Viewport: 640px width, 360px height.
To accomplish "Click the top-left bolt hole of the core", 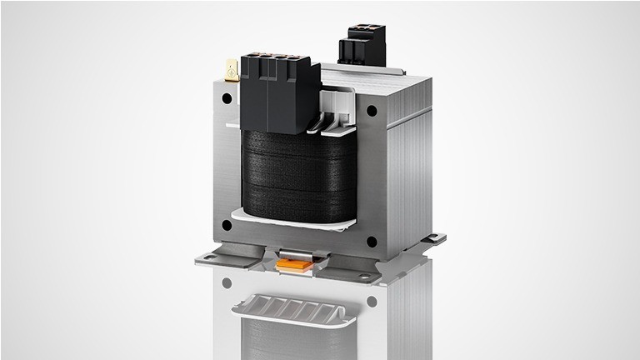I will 227,97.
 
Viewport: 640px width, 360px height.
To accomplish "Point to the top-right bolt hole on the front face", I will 372,110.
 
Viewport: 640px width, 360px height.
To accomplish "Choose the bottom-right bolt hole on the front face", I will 372,242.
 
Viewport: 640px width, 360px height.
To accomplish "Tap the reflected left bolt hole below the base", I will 227,283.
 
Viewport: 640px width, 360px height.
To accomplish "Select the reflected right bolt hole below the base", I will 371,301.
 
